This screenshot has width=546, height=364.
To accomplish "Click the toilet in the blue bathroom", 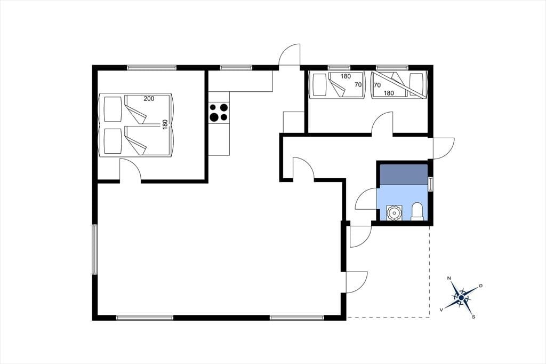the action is click(x=417, y=212).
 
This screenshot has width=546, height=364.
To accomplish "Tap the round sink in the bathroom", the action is click(x=394, y=212).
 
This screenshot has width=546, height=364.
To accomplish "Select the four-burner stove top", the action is click(x=219, y=112).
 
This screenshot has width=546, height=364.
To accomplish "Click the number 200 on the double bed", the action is click(x=149, y=99).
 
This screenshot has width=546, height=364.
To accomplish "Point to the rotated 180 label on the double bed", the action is click(x=165, y=124).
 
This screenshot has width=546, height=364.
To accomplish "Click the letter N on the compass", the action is click(x=449, y=278).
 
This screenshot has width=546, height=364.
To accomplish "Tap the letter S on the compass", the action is click(x=473, y=317).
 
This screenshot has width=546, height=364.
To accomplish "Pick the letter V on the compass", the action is click(x=441, y=310).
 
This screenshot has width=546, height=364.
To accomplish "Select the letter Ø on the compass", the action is click(x=481, y=286).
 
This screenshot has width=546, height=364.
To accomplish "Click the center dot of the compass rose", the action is click(x=461, y=297).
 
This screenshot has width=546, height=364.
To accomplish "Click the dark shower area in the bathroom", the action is click(x=404, y=175).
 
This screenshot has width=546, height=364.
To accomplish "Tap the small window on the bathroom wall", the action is click(x=431, y=184).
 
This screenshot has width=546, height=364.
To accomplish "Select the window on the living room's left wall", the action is click(x=94, y=249).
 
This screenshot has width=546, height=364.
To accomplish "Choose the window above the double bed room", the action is click(x=151, y=68).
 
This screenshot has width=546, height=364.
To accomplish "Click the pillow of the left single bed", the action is click(x=320, y=85).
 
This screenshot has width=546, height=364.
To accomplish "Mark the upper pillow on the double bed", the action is click(x=113, y=109).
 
